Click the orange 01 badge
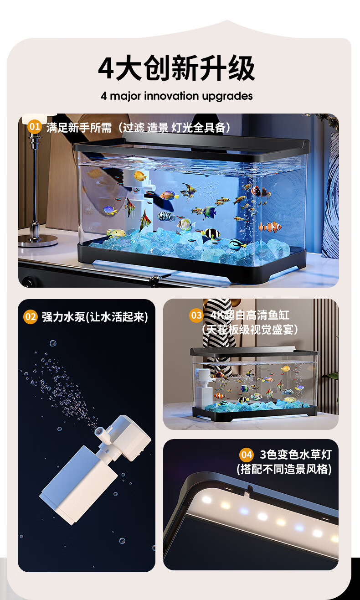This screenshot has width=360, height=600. click(x=34, y=127)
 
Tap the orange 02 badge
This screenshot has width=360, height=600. click(x=30, y=317)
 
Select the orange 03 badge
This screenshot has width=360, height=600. click(x=196, y=315)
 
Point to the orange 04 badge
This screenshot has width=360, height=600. click(x=246, y=455)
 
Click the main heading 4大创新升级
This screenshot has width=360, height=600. click(x=177, y=68)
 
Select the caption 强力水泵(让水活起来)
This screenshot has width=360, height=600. click(x=95, y=317)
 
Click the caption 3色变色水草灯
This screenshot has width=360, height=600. click(x=296, y=454)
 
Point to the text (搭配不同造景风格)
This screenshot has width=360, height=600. click(x=284, y=469)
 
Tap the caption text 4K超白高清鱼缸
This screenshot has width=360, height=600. click(x=250, y=315)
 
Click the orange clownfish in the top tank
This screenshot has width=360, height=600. click(x=270, y=227)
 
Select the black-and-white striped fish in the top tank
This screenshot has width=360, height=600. click(x=166, y=216)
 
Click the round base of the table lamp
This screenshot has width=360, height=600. click(x=38, y=241)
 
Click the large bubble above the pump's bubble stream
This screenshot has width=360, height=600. click(x=53, y=343)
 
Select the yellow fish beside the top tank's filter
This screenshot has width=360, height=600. click(x=140, y=176)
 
